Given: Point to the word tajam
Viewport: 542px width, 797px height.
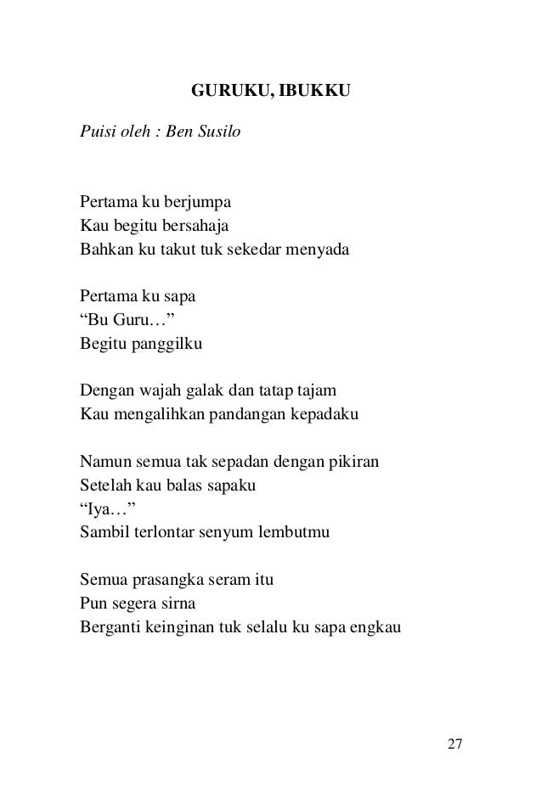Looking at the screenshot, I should click(317, 393).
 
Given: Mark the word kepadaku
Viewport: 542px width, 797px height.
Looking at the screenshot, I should click(325, 417).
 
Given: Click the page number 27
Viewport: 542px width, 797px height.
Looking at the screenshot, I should click(454, 744).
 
